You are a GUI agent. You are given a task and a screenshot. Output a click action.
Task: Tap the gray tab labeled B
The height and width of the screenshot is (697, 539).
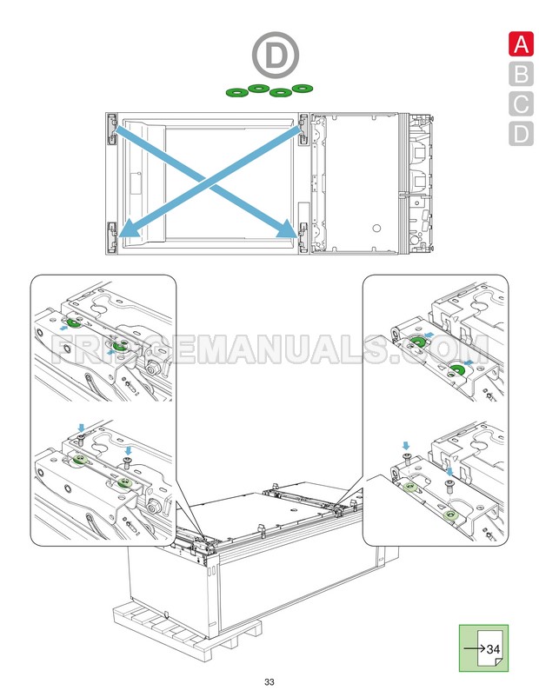point(520,74)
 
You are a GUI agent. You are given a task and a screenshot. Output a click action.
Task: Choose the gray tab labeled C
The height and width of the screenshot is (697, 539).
point(520,104)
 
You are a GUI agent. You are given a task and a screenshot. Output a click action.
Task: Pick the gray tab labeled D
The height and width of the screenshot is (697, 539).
point(520,134)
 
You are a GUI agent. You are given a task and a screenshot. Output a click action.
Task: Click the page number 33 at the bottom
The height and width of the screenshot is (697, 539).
point(269,680)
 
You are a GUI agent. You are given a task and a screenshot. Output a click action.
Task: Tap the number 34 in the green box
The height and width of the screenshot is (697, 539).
point(493,648)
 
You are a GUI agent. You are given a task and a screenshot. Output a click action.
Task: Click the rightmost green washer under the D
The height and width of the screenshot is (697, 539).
point(302,89)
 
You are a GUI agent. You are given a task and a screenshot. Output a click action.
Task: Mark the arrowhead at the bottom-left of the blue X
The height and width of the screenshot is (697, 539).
point(127,230)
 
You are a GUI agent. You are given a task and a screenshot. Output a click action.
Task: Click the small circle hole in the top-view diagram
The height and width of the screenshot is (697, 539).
point(376,228)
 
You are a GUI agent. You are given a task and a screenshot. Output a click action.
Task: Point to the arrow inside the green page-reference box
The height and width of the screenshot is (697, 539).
point(475,648)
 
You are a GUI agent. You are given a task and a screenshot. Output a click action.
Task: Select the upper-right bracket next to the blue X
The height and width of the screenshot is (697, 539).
point(303,127)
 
